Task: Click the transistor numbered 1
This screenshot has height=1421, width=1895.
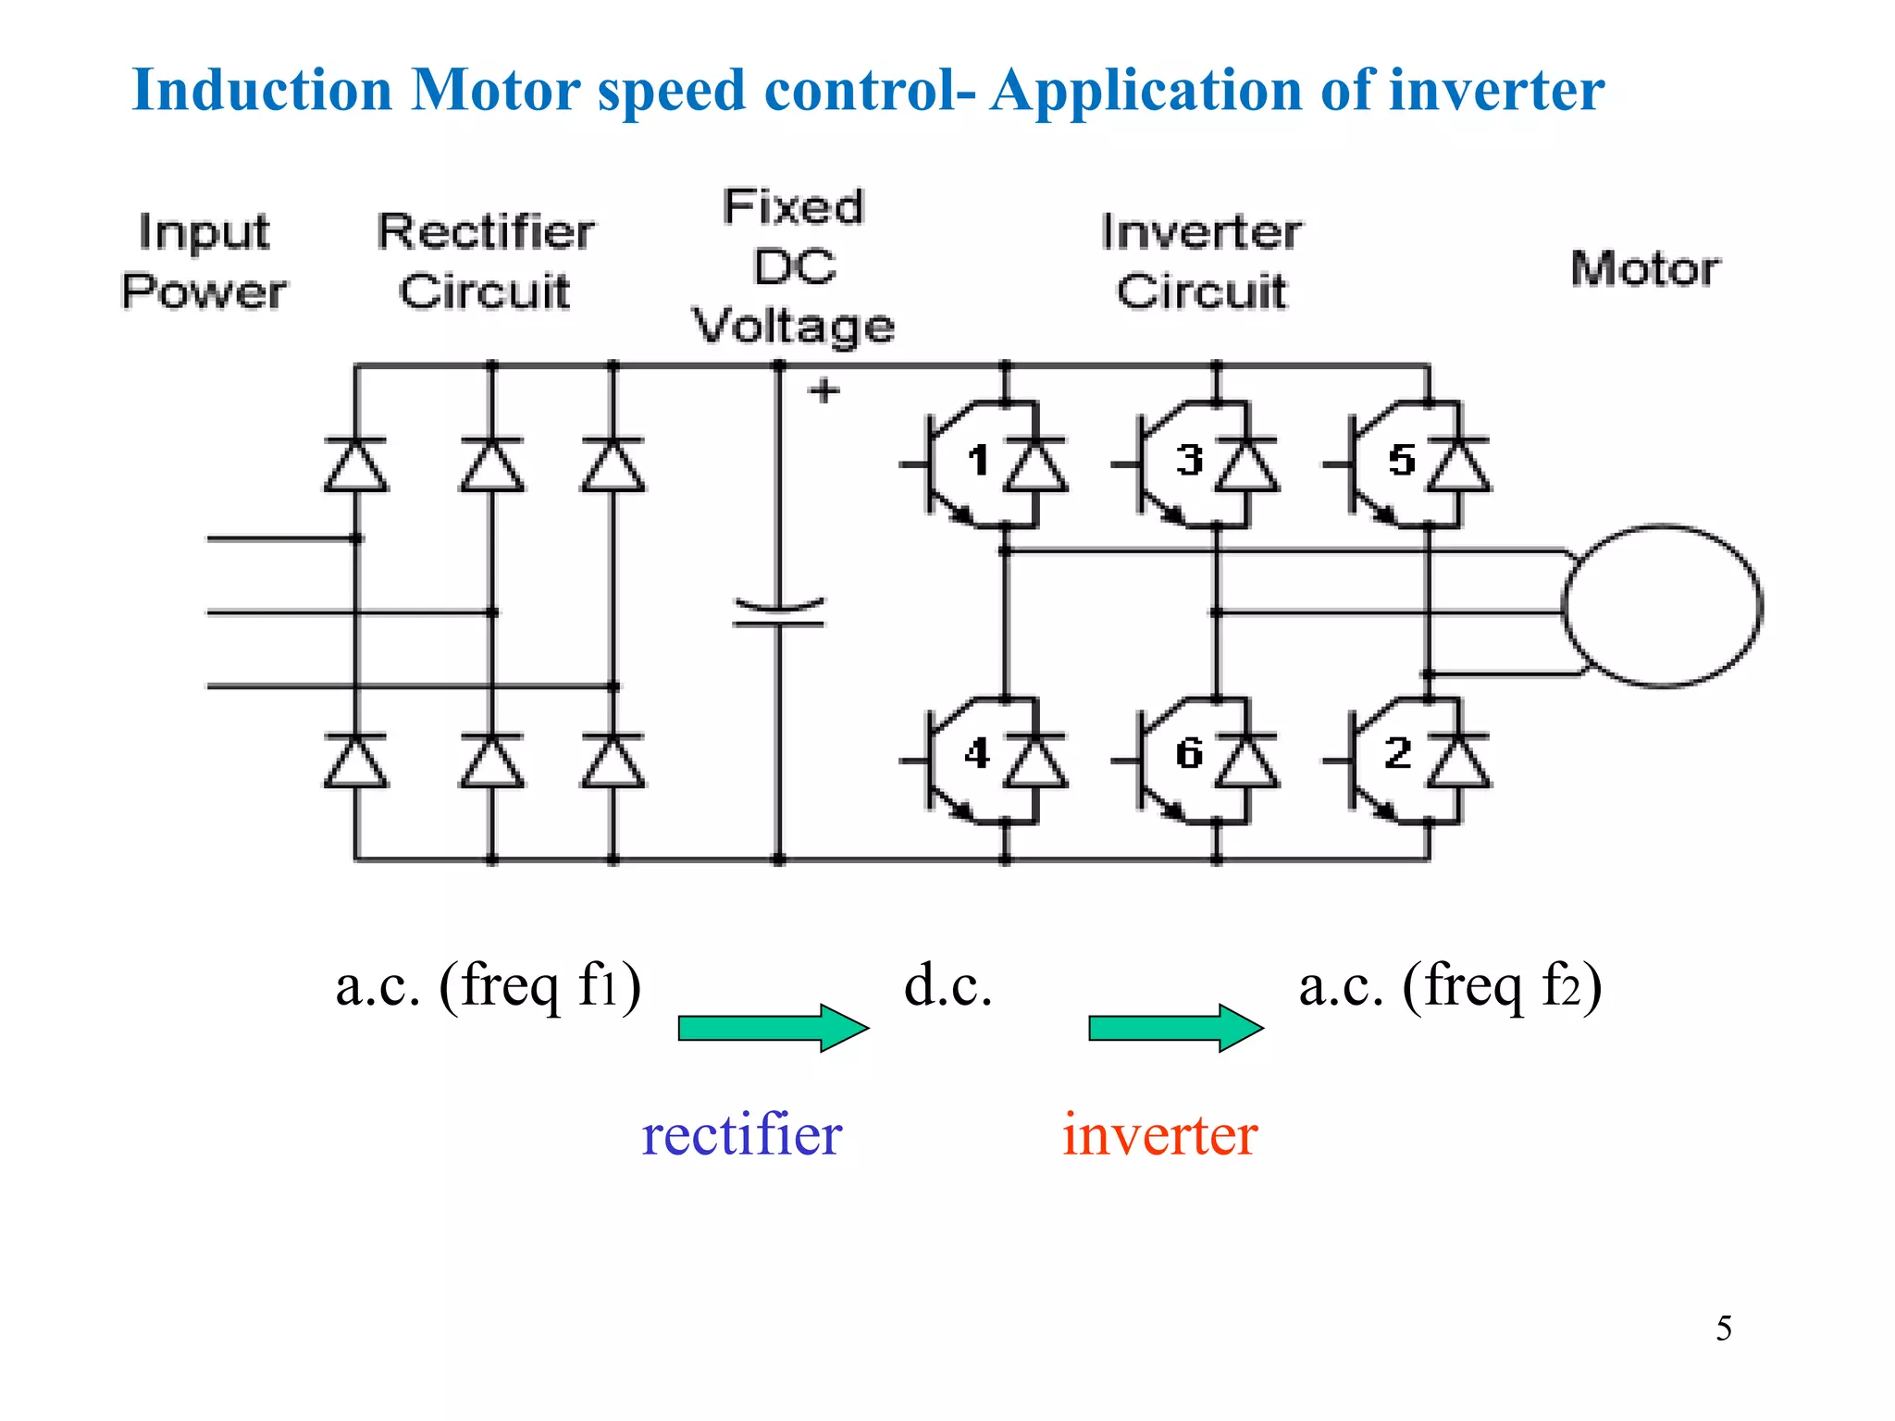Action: click(953, 463)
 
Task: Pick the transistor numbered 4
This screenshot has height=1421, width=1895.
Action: click(953, 759)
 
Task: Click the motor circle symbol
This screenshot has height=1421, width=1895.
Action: click(1662, 607)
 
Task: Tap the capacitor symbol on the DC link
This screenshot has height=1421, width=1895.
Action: click(778, 613)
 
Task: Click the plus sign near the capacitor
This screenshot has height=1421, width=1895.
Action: click(824, 391)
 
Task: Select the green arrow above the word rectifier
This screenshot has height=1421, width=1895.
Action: click(773, 1028)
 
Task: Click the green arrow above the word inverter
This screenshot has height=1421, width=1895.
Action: click(1175, 1028)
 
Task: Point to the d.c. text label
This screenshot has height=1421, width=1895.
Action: click(947, 986)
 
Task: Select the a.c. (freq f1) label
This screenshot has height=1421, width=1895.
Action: click(488, 986)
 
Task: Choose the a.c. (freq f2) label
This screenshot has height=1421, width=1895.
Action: click(1450, 986)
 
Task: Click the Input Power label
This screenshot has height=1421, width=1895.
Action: click(204, 262)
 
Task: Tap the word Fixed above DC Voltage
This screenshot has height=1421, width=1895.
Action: click(793, 206)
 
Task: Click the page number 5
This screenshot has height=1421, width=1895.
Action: click(1724, 1328)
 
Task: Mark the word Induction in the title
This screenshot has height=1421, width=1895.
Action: click(263, 91)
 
